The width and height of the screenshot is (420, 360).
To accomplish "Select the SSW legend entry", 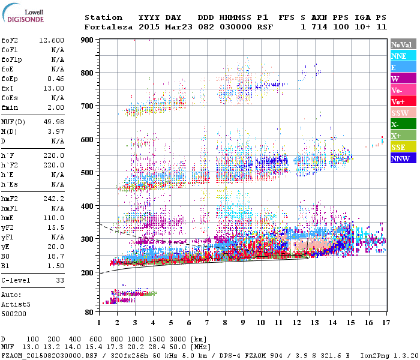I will point(400,113).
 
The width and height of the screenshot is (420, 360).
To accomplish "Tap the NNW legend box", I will point(400,158).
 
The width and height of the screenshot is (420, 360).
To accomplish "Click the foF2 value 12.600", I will point(52,40).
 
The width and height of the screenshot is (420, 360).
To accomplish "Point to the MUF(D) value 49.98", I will point(54,122).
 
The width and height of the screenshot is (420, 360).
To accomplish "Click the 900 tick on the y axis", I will point(87,40).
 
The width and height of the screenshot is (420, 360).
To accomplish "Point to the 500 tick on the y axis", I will point(87,173).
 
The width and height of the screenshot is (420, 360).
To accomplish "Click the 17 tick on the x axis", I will point(385,323).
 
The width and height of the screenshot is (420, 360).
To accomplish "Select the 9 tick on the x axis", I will point(242,323).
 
